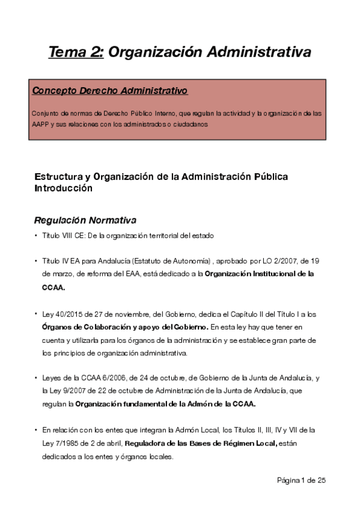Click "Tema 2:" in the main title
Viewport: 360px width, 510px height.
[76, 52]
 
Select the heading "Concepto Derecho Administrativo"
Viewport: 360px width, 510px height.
[109, 91]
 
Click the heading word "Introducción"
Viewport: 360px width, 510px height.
[63, 188]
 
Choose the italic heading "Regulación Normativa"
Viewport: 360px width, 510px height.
[85, 220]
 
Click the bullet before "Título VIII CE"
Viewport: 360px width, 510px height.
[36, 236]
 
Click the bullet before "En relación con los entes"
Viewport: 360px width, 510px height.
[36, 431]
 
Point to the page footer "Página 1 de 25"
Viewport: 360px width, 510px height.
[301, 480]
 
